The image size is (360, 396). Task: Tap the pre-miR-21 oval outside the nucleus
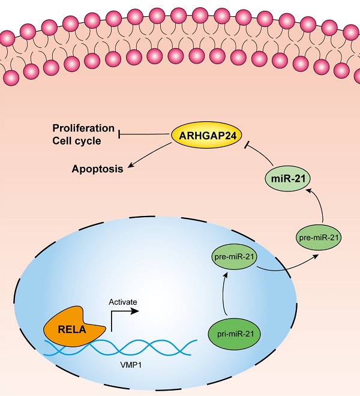point(319,237)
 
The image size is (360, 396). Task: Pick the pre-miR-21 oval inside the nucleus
point(236,257)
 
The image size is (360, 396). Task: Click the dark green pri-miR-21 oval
point(236,332)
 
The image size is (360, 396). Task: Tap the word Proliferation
point(83,128)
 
